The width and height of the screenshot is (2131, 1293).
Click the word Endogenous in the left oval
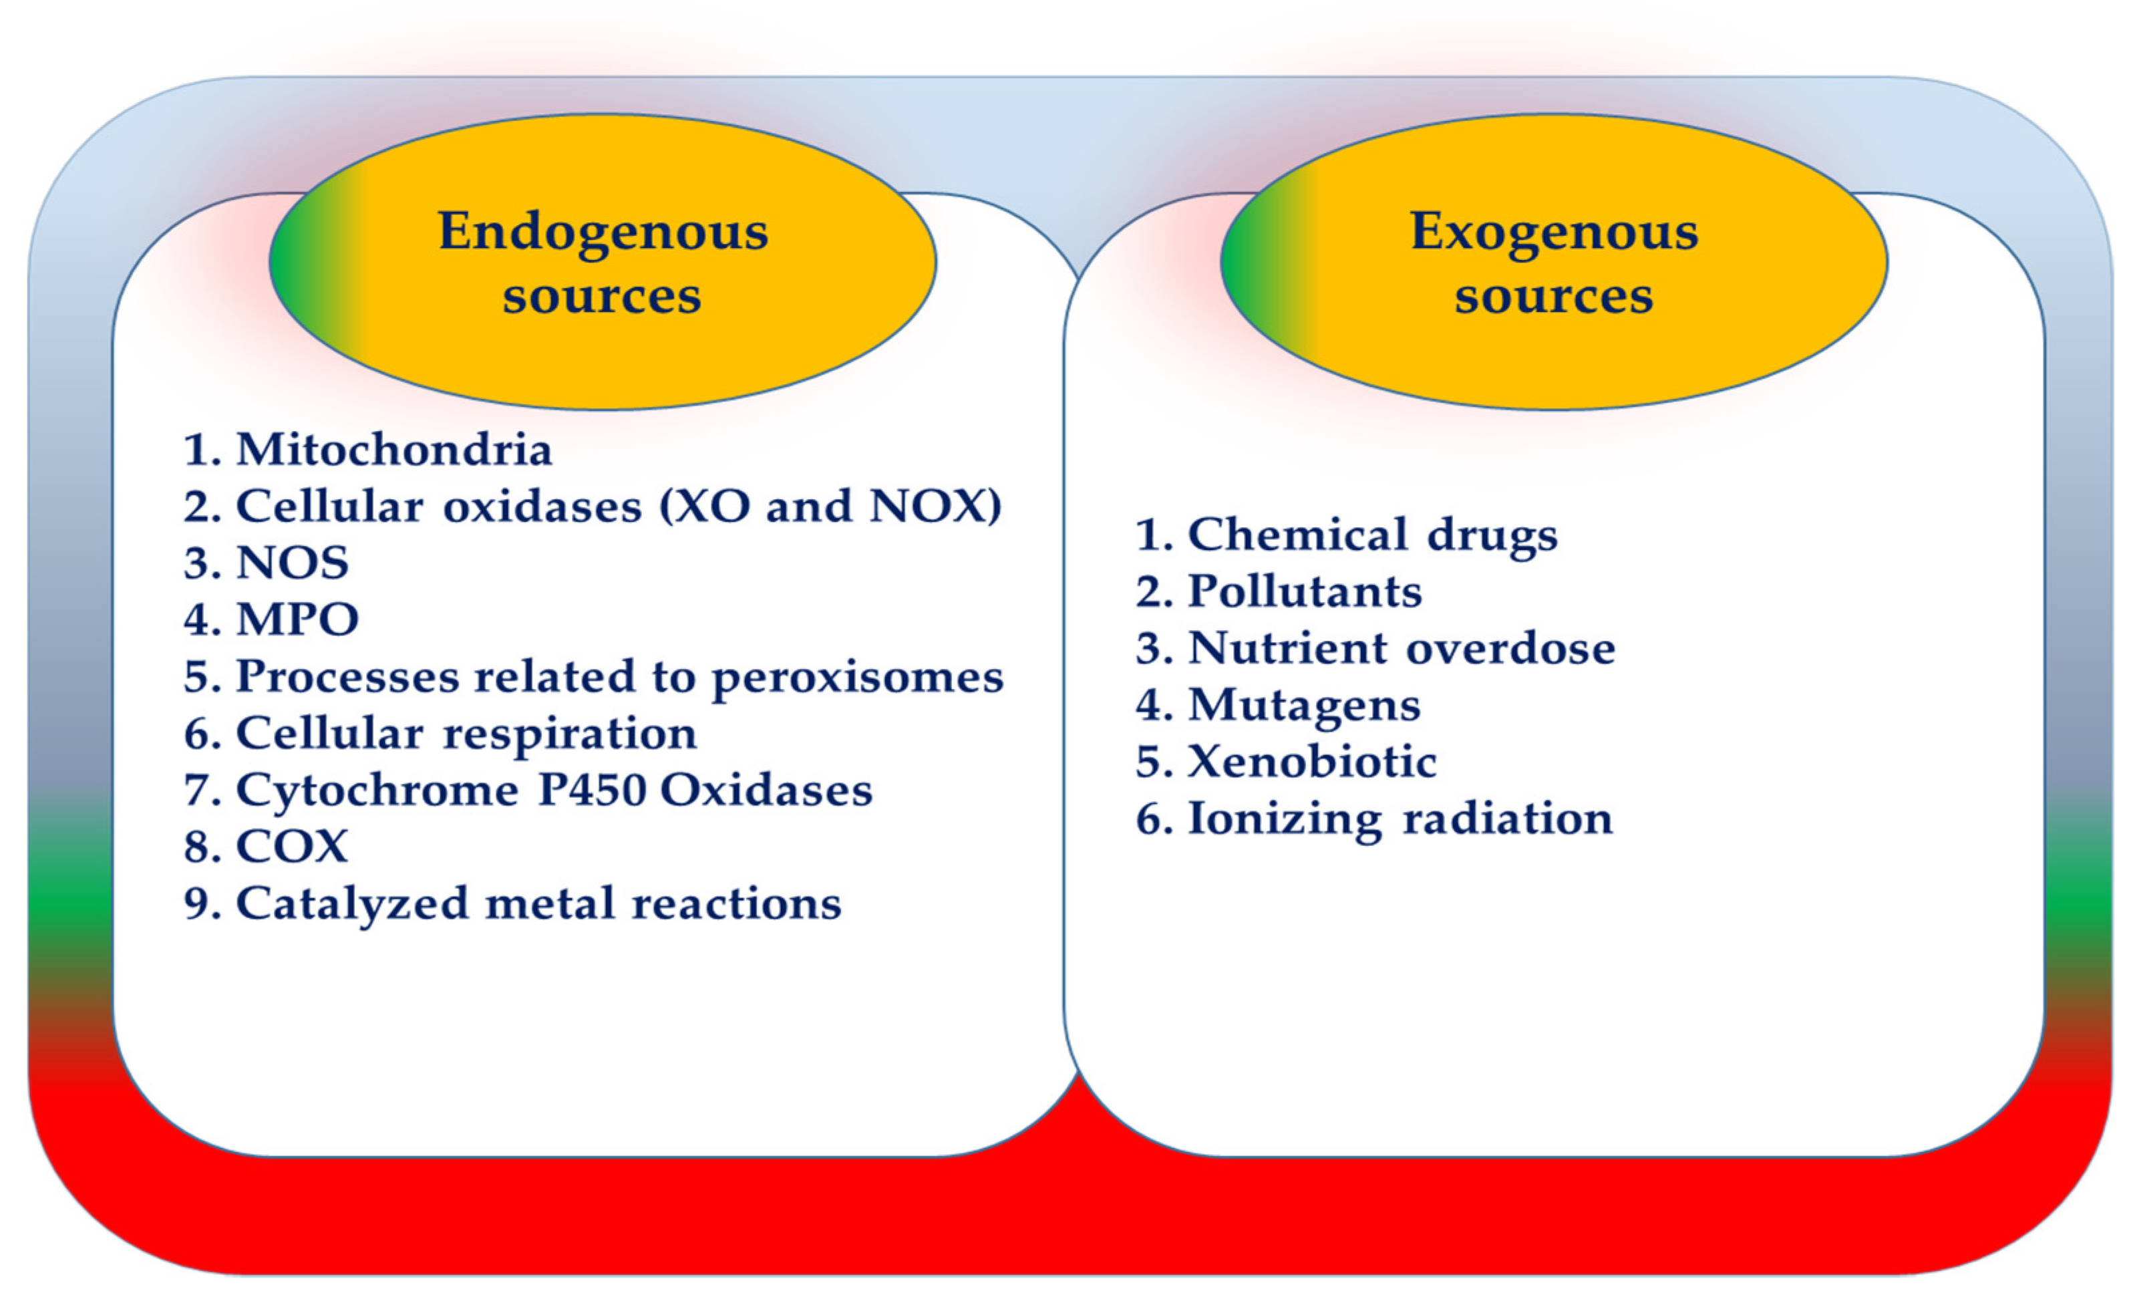tap(603, 232)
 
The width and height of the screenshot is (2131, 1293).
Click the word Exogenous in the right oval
tap(1554, 232)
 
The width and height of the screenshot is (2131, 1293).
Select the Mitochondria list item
tap(393, 450)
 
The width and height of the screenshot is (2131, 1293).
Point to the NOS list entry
tap(293, 563)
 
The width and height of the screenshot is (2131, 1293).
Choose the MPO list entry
tap(297, 619)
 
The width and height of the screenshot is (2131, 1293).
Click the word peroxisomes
tap(857, 677)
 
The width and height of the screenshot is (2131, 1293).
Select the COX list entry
tap(291, 846)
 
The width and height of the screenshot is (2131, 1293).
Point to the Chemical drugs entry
tap(1371, 535)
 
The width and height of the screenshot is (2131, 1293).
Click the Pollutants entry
tap(1304, 591)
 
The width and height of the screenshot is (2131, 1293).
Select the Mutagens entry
tap(1303, 706)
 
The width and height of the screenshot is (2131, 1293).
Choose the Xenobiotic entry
tap(1311, 762)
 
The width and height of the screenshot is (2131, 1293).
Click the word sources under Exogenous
tap(1554, 297)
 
